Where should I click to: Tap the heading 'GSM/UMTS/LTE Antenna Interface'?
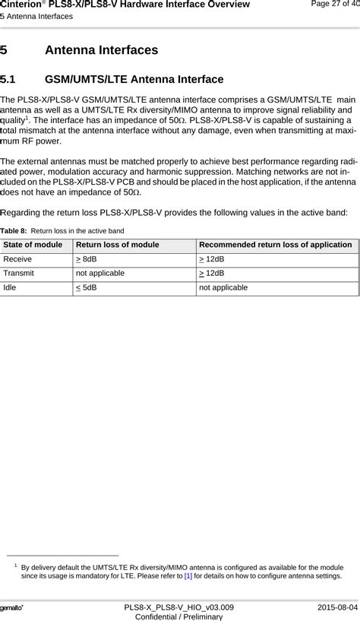pyautogui.click(x=134, y=79)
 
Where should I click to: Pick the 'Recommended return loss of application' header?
pyautogui.click(x=276, y=244)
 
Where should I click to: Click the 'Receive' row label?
pyautogui.click(x=18, y=258)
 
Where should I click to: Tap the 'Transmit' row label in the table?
pyautogui.click(x=21, y=273)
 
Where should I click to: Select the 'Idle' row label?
pyautogui.click(x=12, y=287)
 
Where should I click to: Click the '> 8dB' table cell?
pyautogui.click(x=87, y=258)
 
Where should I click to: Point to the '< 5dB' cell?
pyautogui.click(x=87, y=287)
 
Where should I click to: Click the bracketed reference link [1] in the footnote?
pyautogui.click(x=188, y=576)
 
